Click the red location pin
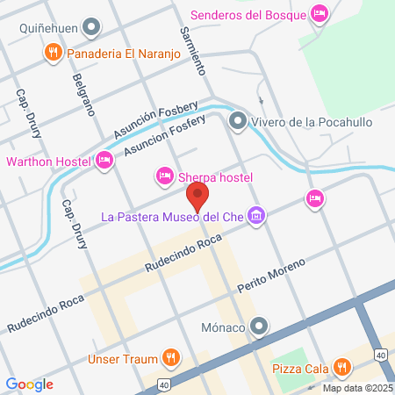197,195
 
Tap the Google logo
29,384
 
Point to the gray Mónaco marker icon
258,327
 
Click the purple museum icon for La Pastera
256,215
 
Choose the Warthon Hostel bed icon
104,161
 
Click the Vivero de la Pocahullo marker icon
236,120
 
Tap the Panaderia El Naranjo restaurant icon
54,54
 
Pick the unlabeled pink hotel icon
314,199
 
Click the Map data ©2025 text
357,388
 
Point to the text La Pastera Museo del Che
172,216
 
